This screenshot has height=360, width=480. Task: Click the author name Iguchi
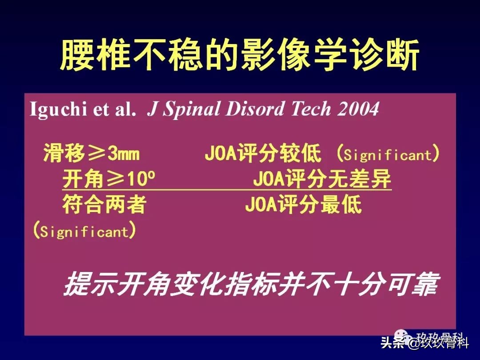57,109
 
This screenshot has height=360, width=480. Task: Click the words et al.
115,109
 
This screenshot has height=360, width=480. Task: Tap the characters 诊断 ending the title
391,56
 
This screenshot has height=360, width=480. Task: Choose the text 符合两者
104,205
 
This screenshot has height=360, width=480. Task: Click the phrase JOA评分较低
263,154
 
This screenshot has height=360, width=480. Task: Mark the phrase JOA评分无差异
322,180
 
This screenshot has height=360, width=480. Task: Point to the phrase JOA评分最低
303,205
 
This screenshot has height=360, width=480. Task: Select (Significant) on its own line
84,232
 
